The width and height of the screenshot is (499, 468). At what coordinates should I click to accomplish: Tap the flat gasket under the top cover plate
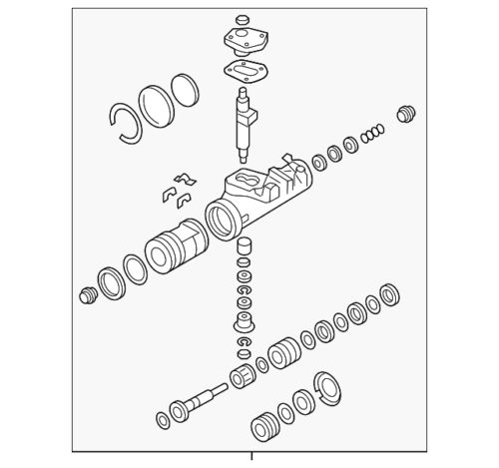click(x=242, y=71)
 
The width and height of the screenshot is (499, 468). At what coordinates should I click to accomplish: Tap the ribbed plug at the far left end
click(x=87, y=295)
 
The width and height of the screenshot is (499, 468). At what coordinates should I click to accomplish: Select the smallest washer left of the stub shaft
click(x=161, y=415)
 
